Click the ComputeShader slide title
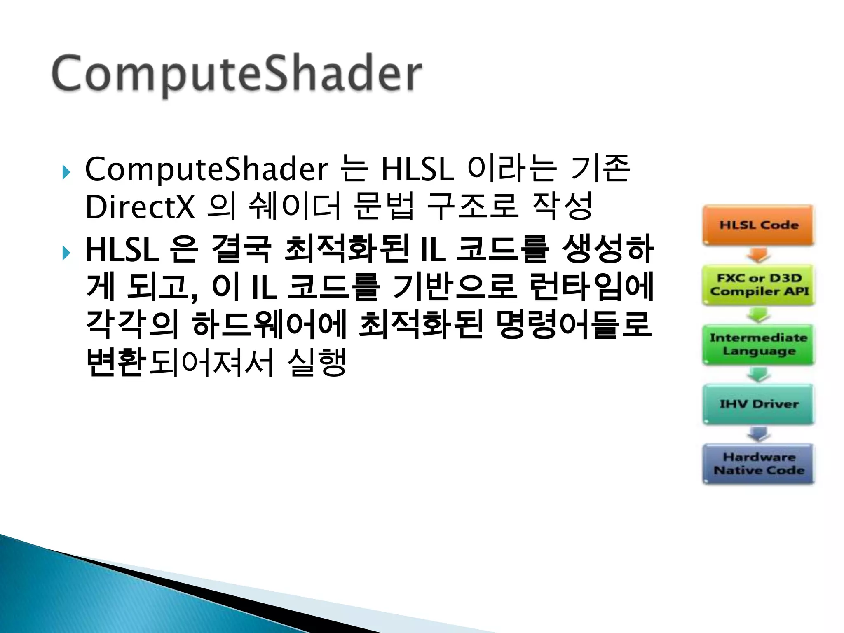tap(237, 74)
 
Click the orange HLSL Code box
tap(758, 225)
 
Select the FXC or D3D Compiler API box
tap(758, 285)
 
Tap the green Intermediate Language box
tap(758, 345)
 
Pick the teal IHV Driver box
tap(758, 404)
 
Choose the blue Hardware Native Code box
tap(758, 464)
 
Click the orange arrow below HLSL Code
tap(759, 255)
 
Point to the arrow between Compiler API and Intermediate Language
tap(759, 315)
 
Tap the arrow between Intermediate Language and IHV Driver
tap(759, 375)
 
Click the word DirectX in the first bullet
tap(140, 207)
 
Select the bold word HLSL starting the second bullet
tap(122, 250)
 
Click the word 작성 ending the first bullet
tap(562, 206)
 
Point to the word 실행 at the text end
tap(316, 363)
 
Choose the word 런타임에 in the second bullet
tap(591, 287)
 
